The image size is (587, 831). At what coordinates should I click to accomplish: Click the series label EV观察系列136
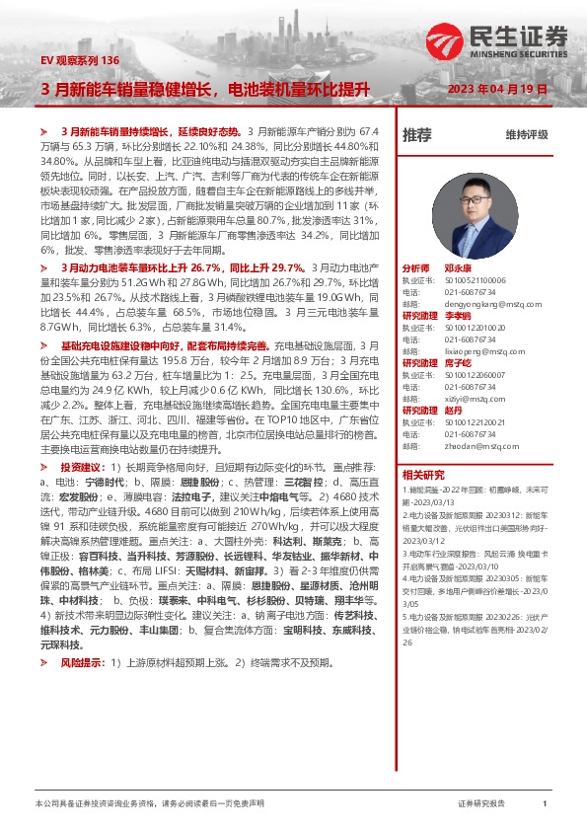pos(80,61)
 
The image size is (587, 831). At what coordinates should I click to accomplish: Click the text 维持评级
pos(526,134)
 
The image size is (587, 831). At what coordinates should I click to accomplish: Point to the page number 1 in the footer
pos(545,804)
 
